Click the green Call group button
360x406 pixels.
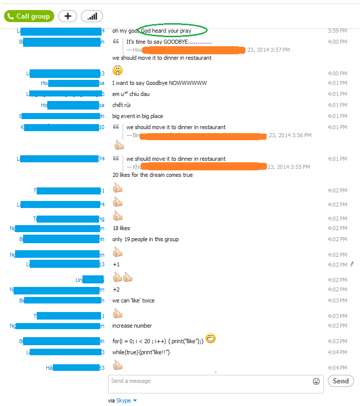coord(29,16)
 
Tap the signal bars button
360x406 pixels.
coord(92,16)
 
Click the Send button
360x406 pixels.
coord(340,381)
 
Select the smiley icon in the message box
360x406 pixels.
coord(316,381)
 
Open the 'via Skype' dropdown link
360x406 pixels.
coord(124,400)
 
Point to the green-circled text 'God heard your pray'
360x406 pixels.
coord(172,31)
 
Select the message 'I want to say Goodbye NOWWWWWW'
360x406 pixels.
coord(159,83)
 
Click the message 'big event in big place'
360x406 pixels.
coord(137,116)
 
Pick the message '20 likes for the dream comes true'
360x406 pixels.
coord(152,175)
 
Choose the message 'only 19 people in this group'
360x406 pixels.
coord(145,239)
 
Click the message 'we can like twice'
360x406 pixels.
coord(133,300)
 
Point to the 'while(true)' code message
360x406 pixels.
coord(141,352)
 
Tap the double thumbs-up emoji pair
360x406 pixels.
coord(122,277)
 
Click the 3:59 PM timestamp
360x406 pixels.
coord(337,31)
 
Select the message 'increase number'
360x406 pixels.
coord(132,326)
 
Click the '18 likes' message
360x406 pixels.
coord(121,228)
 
